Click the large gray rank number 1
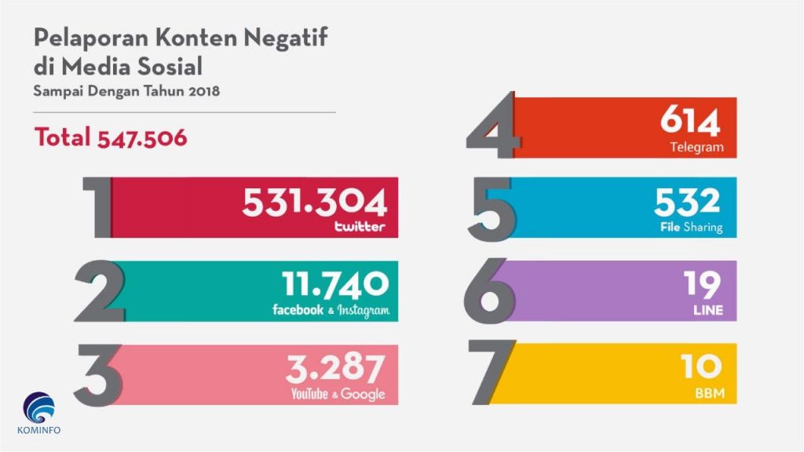click(99, 207)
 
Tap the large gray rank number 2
click(100, 291)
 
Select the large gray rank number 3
click(99, 374)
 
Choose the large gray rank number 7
click(492, 372)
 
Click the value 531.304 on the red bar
click(314, 202)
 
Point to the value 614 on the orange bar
click(689, 122)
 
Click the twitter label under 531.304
click(360, 228)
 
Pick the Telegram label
click(696, 147)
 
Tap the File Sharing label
click(691, 228)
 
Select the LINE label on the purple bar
click(707, 312)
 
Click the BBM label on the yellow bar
click(708, 392)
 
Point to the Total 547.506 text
click(111, 137)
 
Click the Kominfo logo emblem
click(38, 407)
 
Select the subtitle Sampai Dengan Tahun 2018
click(126, 91)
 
